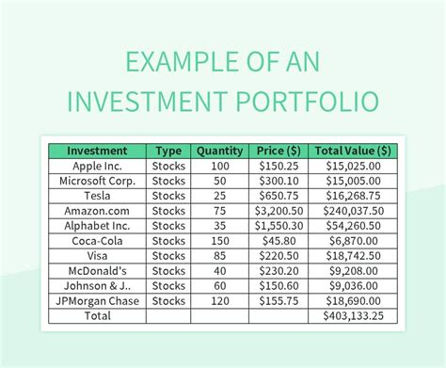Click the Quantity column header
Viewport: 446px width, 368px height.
click(x=219, y=151)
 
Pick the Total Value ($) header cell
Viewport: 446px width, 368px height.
click(x=353, y=151)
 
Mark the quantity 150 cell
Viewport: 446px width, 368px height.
click(x=219, y=240)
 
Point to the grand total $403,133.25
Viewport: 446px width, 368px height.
click(x=353, y=315)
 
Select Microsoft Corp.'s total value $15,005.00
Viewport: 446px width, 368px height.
click(x=353, y=180)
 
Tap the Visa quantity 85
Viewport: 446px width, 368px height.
click(x=219, y=255)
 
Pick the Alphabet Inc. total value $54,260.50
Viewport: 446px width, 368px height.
click(x=353, y=225)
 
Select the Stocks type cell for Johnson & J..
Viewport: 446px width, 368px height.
click(x=168, y=285)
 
